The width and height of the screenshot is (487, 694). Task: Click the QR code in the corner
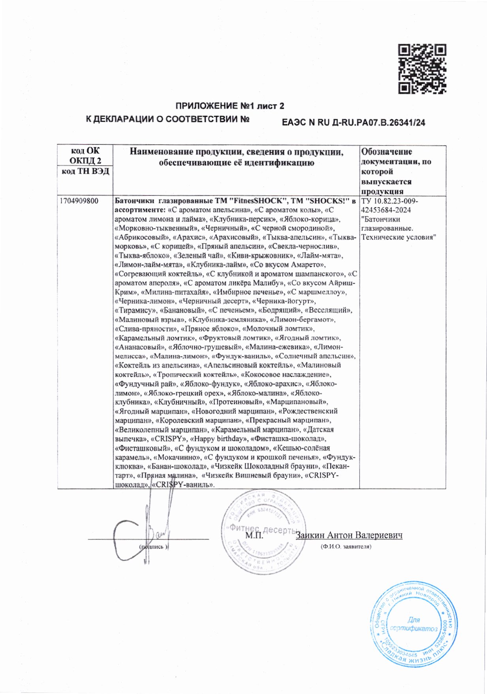pos(421,69)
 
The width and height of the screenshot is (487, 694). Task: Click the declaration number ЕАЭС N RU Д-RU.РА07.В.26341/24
pos(353,123)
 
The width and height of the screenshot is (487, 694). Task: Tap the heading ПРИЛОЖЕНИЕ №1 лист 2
pos(230,106)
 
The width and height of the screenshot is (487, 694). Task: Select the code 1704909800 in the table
pos(79,201)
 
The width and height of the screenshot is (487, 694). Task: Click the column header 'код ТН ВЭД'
pos(85,172)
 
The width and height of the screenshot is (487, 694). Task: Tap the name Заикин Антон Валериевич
pos(350,536)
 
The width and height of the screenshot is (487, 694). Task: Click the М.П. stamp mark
pos(254,536)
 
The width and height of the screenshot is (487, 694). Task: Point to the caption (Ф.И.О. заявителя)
pos(346,547)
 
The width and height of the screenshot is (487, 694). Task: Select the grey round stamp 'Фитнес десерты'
pos(264,532)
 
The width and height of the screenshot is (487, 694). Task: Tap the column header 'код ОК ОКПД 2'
pos(85,155)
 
